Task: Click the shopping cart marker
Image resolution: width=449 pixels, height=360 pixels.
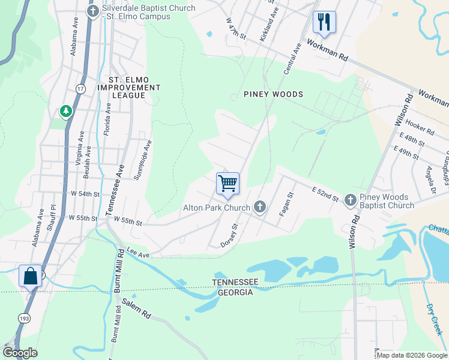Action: [228, 184]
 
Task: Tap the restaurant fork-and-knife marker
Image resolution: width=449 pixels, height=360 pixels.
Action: [324, 22]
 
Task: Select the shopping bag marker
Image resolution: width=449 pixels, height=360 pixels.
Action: [30, 276]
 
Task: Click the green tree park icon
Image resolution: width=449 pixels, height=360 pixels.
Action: [65, 111]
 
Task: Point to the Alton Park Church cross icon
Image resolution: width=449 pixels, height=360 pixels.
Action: [260, 207]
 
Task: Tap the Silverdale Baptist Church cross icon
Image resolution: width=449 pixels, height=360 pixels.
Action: [92, 11]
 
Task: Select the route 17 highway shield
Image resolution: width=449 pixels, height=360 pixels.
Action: [80, 89]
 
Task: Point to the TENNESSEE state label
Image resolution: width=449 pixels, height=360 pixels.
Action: [238, 282]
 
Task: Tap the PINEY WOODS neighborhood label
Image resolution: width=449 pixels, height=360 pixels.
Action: [273, 94]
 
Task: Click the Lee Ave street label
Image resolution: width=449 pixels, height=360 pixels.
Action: [137, 254]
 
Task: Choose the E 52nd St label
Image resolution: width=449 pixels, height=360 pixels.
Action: [325, 193]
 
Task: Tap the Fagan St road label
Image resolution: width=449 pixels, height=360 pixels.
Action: [289, 204]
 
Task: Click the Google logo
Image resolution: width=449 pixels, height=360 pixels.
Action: [20, 353]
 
